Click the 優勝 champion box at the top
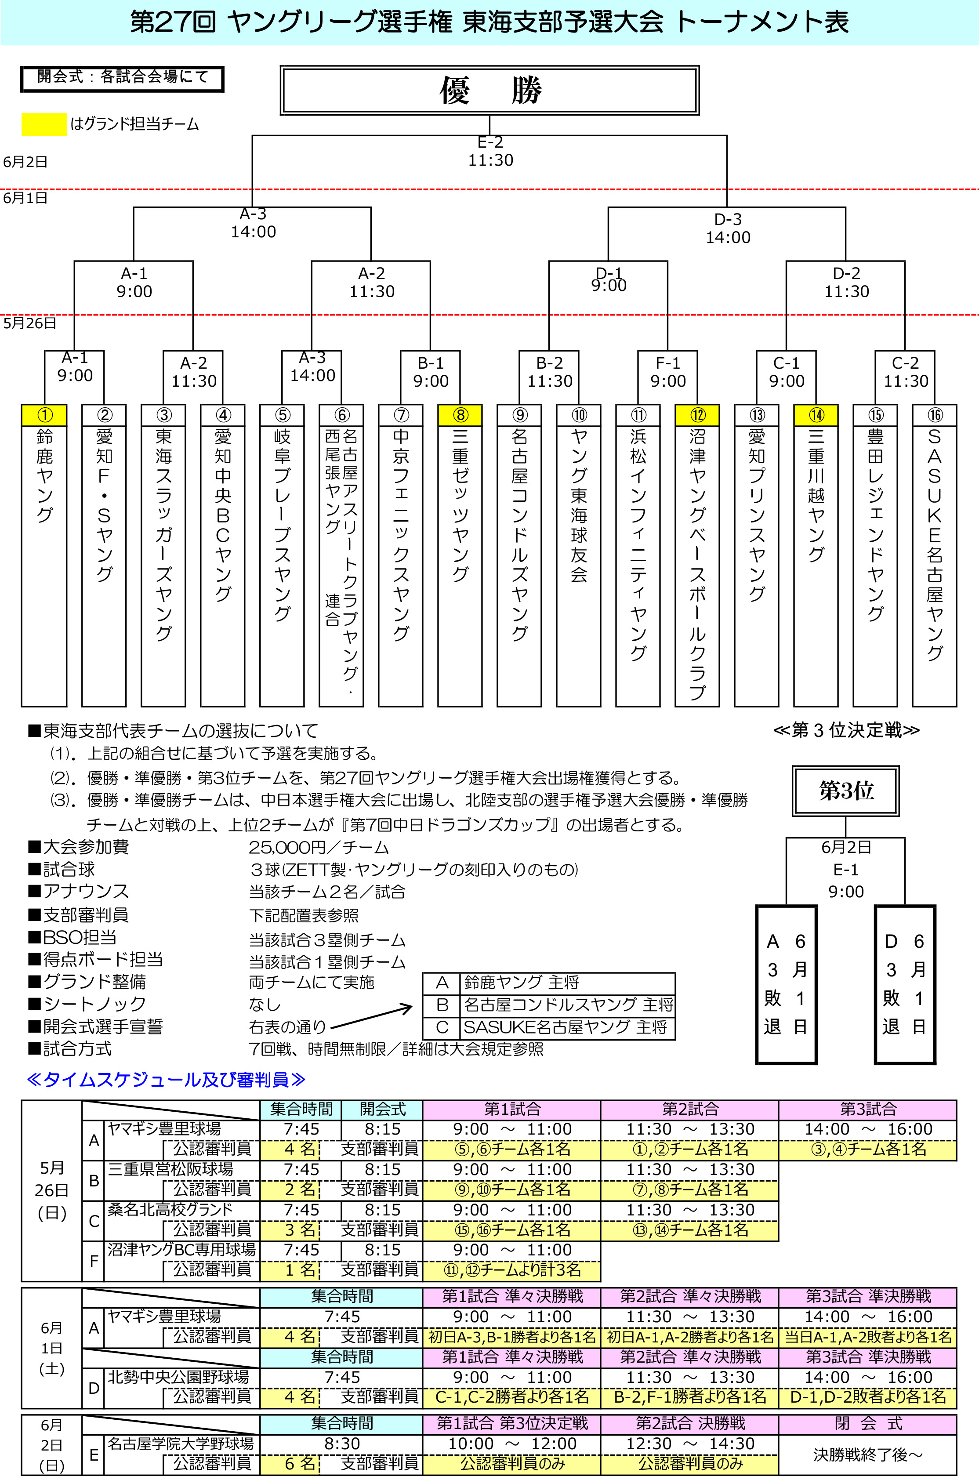point(489,91)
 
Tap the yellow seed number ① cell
point(44,414)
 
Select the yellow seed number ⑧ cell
point(460,414)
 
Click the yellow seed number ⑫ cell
point(697,414)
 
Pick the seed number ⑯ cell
point(935,414)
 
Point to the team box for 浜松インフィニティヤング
point(638,556)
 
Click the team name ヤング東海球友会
point(579,506)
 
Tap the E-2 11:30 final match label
point(491,152)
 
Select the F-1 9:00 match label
point(667,372)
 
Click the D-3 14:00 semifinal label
point(728,228)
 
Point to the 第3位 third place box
point(846,791)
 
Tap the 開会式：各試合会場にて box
point(122,79)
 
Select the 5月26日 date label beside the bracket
point(29,323)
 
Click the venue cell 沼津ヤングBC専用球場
point(181,1249)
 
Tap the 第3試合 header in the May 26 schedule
point(868,1110)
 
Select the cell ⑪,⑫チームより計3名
point(511,1270)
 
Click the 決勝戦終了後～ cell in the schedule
point(868,1454)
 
